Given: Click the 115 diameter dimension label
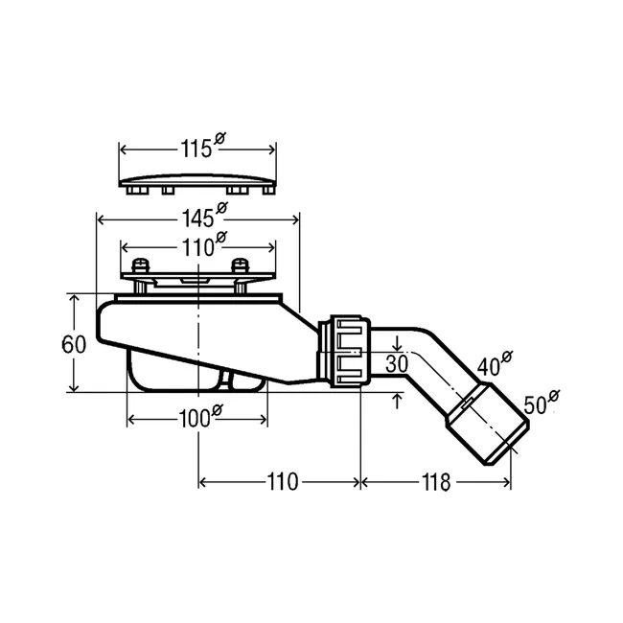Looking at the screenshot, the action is (202, 147).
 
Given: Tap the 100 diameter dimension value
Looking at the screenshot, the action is (200, 416).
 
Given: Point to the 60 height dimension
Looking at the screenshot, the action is (74, 344).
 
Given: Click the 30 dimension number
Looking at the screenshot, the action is (397, 363).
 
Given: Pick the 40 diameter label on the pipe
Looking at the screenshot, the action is (495, 363).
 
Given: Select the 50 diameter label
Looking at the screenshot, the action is (542, 403).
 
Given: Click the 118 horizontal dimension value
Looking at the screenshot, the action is (435, 482).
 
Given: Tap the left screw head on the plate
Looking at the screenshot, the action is (140, 265).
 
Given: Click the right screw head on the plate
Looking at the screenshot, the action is (240, 265).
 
